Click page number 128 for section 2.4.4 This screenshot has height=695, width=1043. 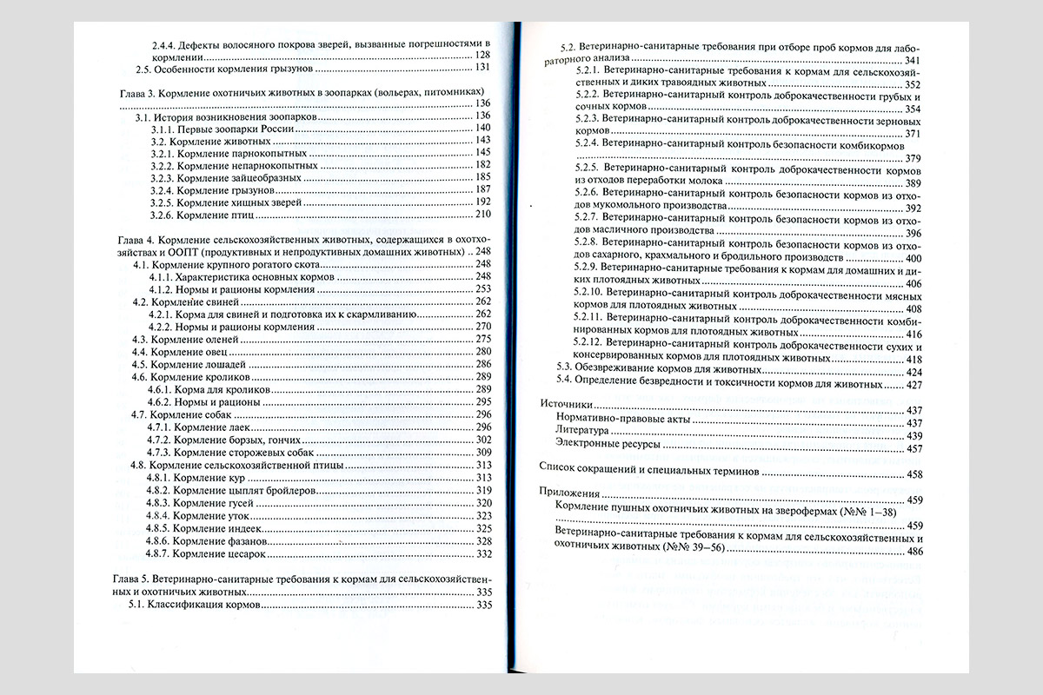point(482,56)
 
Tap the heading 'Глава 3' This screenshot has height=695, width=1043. point(136,91)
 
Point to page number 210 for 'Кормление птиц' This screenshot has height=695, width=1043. point(482,214)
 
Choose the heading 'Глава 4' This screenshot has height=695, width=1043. point(136,239)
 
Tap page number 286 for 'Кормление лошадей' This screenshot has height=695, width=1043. point(483,364)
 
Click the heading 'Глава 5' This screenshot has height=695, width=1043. point(136,579)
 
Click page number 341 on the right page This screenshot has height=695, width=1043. point(912,60)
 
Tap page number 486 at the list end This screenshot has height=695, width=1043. point(913,551)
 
